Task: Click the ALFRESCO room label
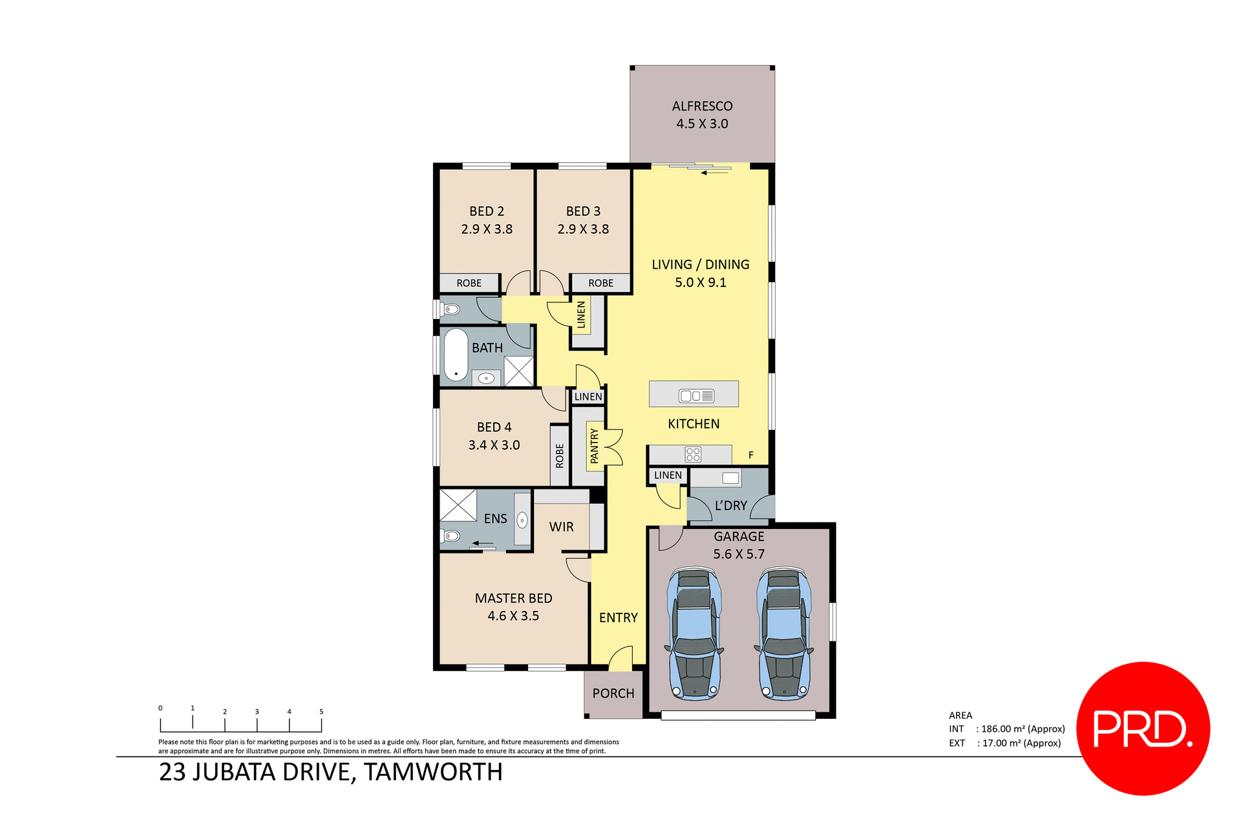pos(702,106)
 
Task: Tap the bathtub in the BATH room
pos(456,355)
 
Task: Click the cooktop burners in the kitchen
pos(693,455)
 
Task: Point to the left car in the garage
pos(695,634)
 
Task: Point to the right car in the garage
pos(784,634)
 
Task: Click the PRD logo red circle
pos(1143,728)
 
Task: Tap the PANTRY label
pos(595,446)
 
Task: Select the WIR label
pos(561,527)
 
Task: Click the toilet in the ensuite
pos(451,536)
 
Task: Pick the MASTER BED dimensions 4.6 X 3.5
pos(513,616)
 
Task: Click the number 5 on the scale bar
pos(321,712)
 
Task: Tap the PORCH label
pos(613,694)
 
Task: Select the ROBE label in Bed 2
pos(469,284)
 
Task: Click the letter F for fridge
pos(751,455)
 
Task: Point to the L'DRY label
pos(730,506)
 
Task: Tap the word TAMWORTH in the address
pos(433,772)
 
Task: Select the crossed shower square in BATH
pos(519,371)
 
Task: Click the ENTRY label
pos(618,618)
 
